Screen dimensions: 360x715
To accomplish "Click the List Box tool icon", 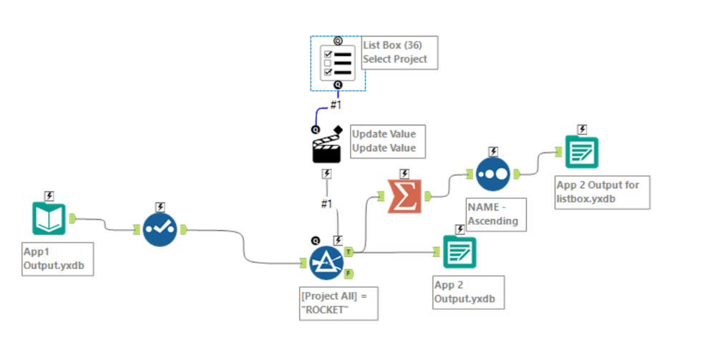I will pyautogui.click(x=337, y=63).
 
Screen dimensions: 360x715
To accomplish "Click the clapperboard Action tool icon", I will pyautogui.click(x=326, y=149).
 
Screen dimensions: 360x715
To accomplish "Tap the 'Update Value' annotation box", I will pyautogui.click(x=384, y=141).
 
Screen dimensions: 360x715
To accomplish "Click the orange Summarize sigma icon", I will pyautogui.click(x=404, y=197).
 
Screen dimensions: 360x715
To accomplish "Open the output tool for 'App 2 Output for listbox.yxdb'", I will pyautogui.click(x=581, y=152).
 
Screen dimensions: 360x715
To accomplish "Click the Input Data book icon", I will pyautogui.click(x=49, y=219).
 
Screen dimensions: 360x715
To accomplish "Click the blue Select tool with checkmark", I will pyautogui.click(x=159, y=229).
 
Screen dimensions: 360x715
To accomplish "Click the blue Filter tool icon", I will pyautogui.click(x=326, y=263).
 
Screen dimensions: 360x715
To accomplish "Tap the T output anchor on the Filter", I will pyautogui.click(x=348, y=251).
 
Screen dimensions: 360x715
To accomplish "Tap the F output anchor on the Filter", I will pyautogui.click(x=348, y=273).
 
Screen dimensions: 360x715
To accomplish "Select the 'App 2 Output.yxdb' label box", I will pyautogui.click(x=467, y=292).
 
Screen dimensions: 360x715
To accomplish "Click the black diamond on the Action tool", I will pyautogui.click(x=337, y=129).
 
